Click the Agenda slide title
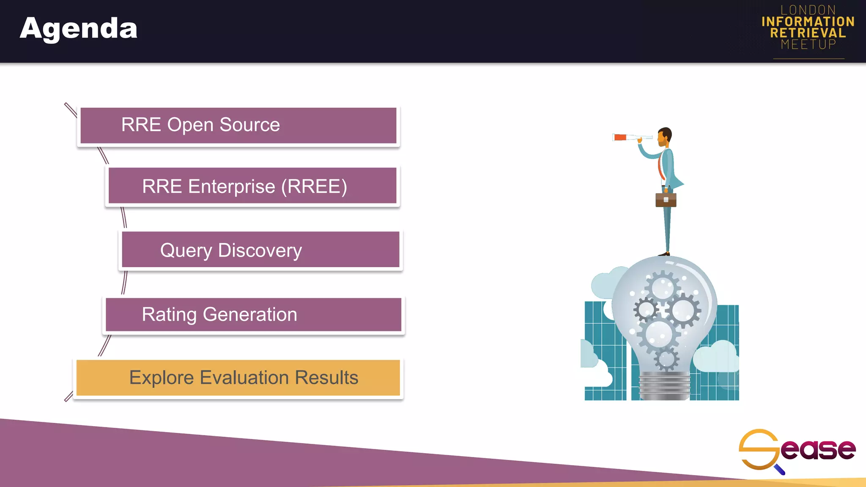79,29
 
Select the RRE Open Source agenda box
238,126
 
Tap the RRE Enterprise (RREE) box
252,186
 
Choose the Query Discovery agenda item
260,250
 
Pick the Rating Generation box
253,315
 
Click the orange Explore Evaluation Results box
238,378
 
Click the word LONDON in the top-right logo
808,10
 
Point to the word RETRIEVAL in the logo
808,33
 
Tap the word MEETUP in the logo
808,44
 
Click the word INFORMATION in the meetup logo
808,22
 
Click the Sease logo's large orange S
759,449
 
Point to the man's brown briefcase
666,200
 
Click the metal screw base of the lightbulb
664,386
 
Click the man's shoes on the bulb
664,254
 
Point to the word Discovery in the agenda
260,251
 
